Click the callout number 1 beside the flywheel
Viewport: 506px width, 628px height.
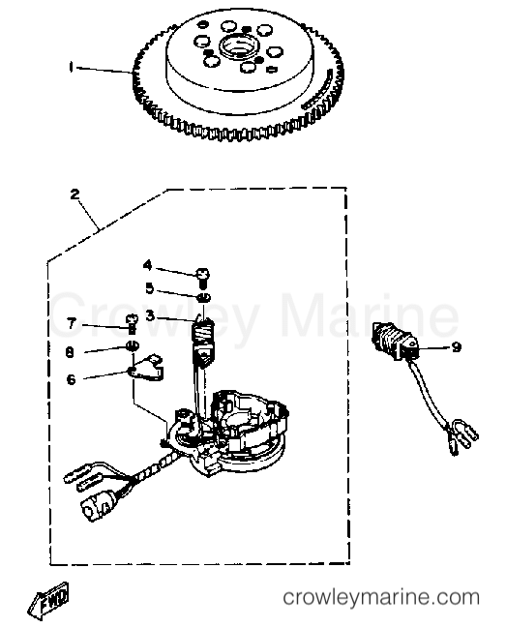[x=71, y=67]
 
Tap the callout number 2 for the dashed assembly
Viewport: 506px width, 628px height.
[x=74, y=194]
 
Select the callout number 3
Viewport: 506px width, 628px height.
[x=150, y=315]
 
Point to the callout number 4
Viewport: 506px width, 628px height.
[x=148, y=265]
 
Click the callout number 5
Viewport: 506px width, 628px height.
[x=149, y=288]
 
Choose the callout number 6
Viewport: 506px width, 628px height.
[x=71, y=379]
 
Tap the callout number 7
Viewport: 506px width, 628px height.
[x=72, y=323]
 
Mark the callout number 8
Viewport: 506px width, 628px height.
[x=70, y=352]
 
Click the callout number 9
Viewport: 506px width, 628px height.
[x=456, y=346]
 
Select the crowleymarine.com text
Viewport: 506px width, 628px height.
[x=381, y=598]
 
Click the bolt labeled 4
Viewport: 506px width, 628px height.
[x=203, y=277]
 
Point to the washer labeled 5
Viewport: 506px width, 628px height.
[x=204, y=298]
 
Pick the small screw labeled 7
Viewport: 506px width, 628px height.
[x=133, y=323]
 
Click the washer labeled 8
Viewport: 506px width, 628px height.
[x=133, y=344]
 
